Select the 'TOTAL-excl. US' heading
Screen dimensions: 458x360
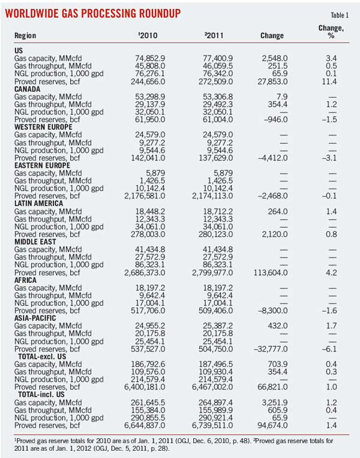[x=46, y=363]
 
